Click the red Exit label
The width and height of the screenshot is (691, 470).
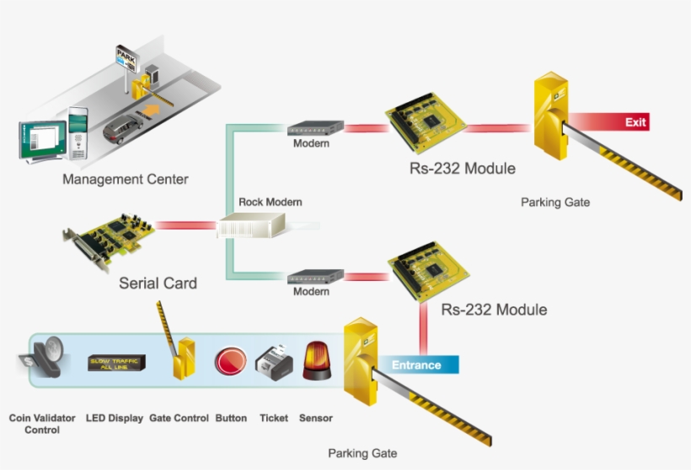635,122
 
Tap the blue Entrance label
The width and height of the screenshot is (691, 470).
416,365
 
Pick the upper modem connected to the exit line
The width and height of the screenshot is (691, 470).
315,129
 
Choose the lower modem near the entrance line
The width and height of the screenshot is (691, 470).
315,276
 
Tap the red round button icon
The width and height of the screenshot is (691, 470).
230,361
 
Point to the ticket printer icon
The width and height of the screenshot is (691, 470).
274,362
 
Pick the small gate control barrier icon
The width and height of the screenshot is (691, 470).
181,353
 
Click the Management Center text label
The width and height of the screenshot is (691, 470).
126,179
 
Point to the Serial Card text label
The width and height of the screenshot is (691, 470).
158,283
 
